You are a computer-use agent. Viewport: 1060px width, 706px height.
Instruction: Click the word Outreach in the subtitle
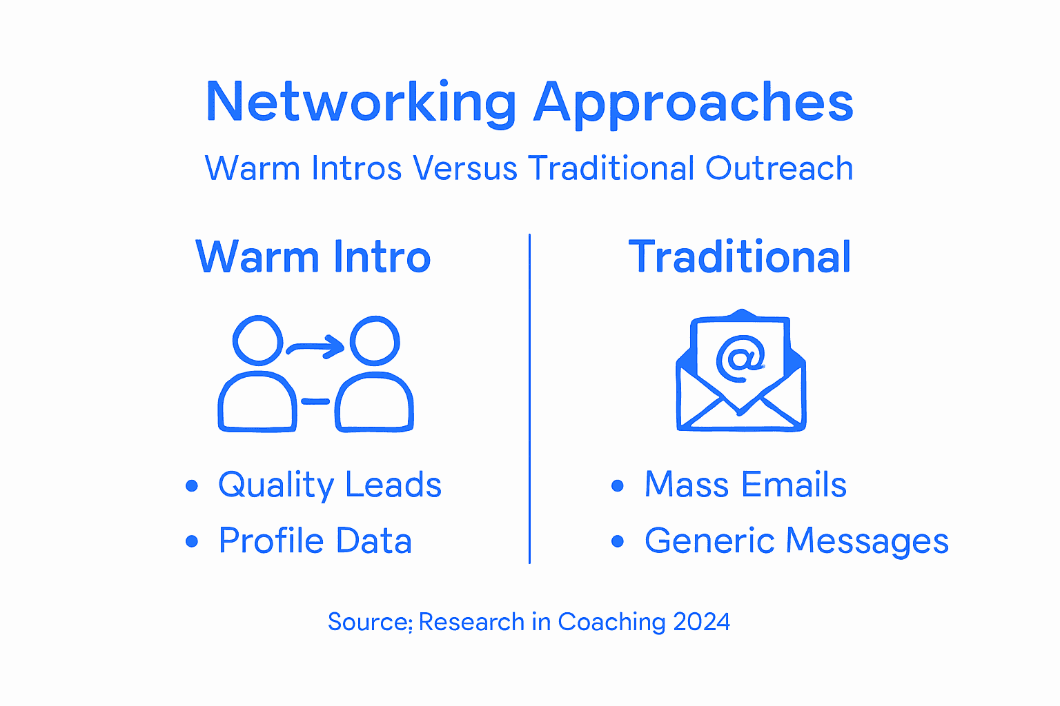click(779, 168)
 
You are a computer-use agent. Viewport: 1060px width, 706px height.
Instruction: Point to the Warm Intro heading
click(313, 256)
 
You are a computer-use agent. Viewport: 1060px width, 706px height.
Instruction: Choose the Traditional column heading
click(739, 256)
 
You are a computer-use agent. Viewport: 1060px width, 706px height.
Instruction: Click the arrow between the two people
click(316, 346)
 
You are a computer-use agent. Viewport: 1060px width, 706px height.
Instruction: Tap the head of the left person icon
click(257, 340)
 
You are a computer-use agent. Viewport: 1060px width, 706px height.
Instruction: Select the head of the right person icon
click(375, 340)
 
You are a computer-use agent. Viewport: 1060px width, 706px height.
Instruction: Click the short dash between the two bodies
click(315, 401)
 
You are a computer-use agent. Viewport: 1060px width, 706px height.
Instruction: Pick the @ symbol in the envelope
click(740, 358)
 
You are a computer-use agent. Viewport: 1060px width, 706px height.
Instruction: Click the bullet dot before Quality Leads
click(192, 486)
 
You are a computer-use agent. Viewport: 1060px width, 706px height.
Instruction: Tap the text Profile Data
click(315, 541)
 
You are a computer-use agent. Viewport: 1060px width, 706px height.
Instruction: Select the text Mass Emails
click(745, 485)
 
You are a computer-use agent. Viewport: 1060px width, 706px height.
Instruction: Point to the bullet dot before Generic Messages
click(618, 542)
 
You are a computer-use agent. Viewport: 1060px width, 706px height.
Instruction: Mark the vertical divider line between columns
click(529, 400)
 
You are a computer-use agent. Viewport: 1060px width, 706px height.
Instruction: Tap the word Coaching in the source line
click(611, 623)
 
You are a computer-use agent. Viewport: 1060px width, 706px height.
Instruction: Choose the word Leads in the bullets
click(393, 485)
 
